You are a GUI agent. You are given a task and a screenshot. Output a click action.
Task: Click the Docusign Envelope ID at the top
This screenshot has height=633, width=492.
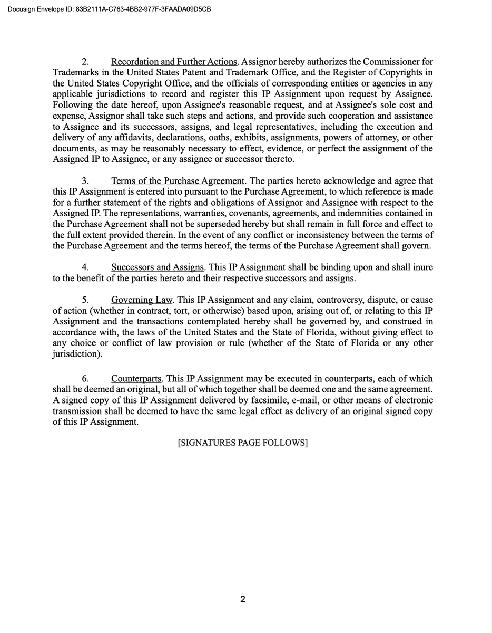110,9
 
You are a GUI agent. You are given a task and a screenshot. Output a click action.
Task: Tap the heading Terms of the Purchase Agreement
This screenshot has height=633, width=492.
178,181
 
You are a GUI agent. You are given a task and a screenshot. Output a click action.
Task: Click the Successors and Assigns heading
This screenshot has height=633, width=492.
157,267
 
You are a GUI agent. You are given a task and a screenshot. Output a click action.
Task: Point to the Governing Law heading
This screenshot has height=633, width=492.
142,300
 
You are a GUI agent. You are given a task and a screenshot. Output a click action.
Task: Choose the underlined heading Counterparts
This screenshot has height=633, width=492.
137,379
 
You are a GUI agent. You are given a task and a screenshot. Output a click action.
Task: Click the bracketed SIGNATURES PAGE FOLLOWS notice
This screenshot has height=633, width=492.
243,443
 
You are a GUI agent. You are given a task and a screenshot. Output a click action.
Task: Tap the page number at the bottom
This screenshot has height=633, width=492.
243,599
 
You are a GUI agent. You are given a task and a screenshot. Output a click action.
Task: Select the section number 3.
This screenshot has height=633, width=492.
85,181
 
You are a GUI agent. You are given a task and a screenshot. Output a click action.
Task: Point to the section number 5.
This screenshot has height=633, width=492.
85,300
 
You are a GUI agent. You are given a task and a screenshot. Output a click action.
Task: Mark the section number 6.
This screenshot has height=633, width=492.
85,379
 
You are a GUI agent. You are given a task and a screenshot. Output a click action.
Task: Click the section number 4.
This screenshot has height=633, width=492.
85,267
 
